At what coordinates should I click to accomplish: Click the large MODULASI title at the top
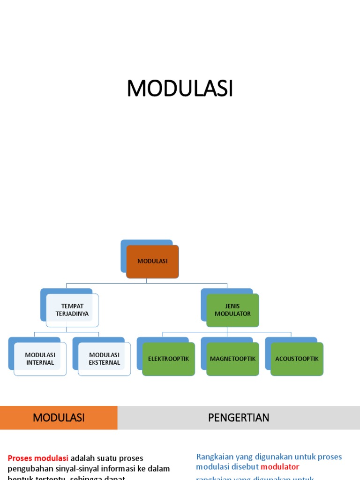(180, 89)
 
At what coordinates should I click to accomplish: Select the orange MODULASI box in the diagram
(152, 262)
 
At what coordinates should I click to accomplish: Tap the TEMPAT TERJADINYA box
(72, 310)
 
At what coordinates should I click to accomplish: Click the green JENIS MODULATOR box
(232, 310)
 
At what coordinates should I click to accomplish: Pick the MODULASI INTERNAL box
(40, 359)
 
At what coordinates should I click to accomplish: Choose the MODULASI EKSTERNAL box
(104, 359)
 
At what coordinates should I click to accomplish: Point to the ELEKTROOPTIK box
(168, 359)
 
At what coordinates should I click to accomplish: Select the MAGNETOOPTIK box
(232, 359)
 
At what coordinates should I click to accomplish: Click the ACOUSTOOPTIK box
(297, 359)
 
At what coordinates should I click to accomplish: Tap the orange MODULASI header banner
(59, 418)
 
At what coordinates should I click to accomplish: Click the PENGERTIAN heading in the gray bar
(239, 418)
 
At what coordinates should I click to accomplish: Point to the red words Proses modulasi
(38, 458)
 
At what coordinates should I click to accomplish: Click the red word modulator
(280, 467)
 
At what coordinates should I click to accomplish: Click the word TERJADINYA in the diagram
(72, 314)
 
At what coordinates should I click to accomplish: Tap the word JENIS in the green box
(232, 306)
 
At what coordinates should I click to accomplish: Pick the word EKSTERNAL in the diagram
(104, 363)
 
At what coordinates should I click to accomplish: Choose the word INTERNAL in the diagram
(40, 363)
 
